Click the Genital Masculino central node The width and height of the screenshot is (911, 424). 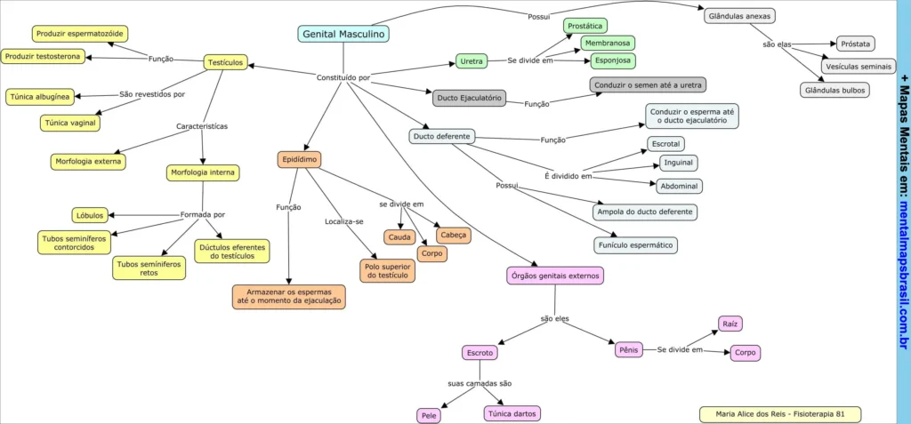pyautogui.click(x=343, y=34)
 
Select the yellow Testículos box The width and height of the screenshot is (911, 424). pyautogui.click(x=226, y=62)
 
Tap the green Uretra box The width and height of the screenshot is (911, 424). pyautogui.click(x=472, y=61)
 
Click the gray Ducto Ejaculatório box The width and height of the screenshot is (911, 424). pyautogui.click(x=470, y=98)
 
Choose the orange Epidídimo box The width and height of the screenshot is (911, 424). pyautogui.click(x=299, y=160)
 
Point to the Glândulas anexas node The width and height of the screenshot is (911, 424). pyautogui.click(x=738, y=16)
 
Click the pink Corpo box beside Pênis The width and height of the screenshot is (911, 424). pyautogui.click(x=745, y=353)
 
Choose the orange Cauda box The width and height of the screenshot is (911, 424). pyautogui.click(x=399, y=237)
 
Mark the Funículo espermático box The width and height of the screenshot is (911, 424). pyautogui.click(x=635, y=245)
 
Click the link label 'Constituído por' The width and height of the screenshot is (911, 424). pyautogui.click(x=343, y=77)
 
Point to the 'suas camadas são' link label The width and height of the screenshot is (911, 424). pyautogui.click(x=480, y=384)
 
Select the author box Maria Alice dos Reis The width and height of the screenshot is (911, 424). pyautogui.click(x=780, y=414)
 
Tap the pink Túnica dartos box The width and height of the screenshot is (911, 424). pyautogui.click(x=512, y=413)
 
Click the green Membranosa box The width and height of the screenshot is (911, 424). pyautogui.click(x=608, y=43)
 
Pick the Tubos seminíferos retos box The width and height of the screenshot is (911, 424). pyautogui.click(x=149, y=268)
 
